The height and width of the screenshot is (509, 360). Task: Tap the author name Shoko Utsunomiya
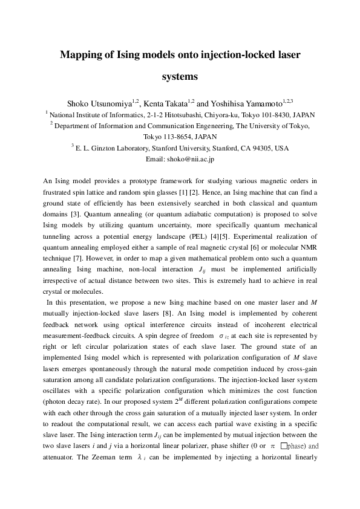point(101,103)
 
